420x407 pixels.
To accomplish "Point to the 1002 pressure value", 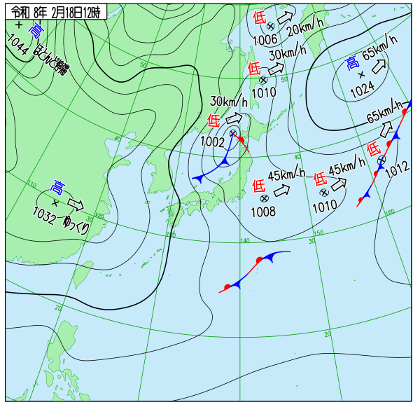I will point(212,142).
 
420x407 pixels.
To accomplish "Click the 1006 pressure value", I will point(265,39).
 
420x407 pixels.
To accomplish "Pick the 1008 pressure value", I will point(264,211).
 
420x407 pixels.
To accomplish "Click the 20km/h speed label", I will point(305,29).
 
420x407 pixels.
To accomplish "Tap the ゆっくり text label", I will point(76,223).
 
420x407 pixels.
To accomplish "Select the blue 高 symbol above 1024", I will point(351,64).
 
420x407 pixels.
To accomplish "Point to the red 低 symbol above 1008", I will point(258,186).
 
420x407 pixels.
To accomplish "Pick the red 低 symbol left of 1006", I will point(259,17).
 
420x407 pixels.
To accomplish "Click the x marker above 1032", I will point(55,203).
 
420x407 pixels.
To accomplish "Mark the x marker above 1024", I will point(362,74).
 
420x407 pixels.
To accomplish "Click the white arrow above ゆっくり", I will point(76,205).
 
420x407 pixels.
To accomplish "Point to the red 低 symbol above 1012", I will point(374,149).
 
